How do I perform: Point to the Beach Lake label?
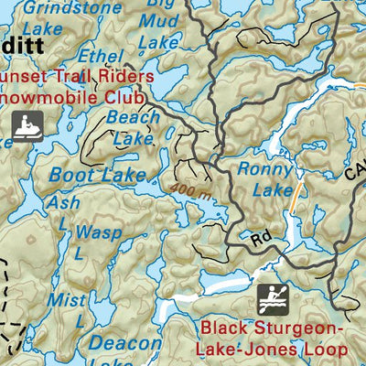coord(133,128)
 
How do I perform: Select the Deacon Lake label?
coord(126,352)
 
